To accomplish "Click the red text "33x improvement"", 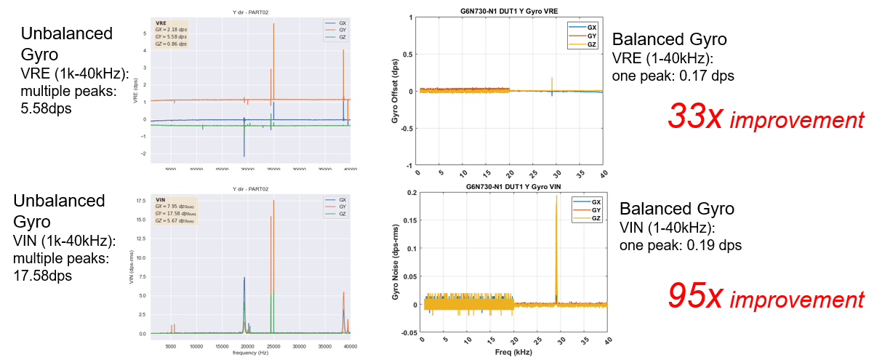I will (x=766, y=118).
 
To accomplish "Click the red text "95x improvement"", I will (x=766, y=297).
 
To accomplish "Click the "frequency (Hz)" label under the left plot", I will (x=252, y=352).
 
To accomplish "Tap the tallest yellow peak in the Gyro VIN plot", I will (x=556, y=196).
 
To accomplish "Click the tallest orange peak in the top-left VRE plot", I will (x=273, y=25).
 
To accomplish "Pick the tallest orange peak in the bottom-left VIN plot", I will (x=273, y=201).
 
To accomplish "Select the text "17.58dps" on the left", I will (x=51, y=275).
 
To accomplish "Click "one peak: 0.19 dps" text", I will (x=680, y=245).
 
